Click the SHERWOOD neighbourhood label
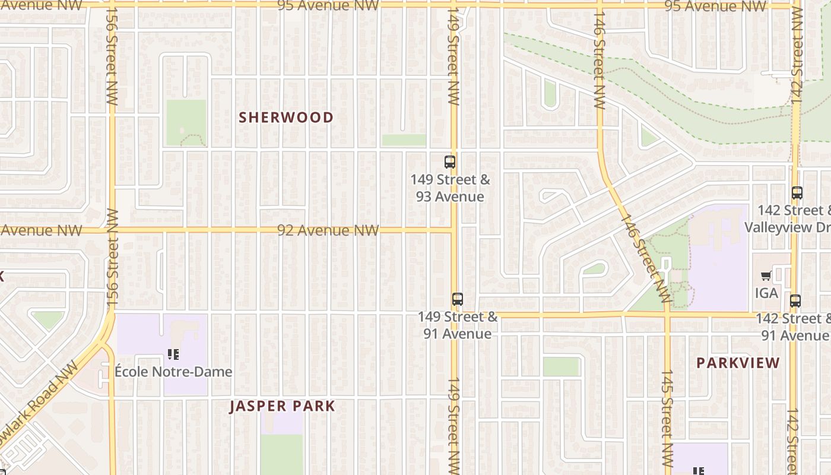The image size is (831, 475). [286, 118]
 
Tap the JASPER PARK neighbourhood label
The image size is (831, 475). [283, 406]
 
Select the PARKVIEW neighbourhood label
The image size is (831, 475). [738, 363]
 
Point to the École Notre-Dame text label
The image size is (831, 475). [173, 372]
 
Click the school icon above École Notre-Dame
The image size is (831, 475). [173, 355]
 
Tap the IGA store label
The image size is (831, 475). [766, 293]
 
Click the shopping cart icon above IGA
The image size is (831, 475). [766, 276]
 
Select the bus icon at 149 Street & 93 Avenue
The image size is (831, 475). [450, 161]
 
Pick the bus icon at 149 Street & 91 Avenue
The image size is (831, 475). [457, 299]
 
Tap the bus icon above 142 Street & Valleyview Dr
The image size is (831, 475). [797, 193]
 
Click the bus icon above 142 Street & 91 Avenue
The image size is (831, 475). [795, 301]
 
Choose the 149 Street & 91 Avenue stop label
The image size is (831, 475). [458, 325]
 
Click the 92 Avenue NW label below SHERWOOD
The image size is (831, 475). [328, 230]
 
